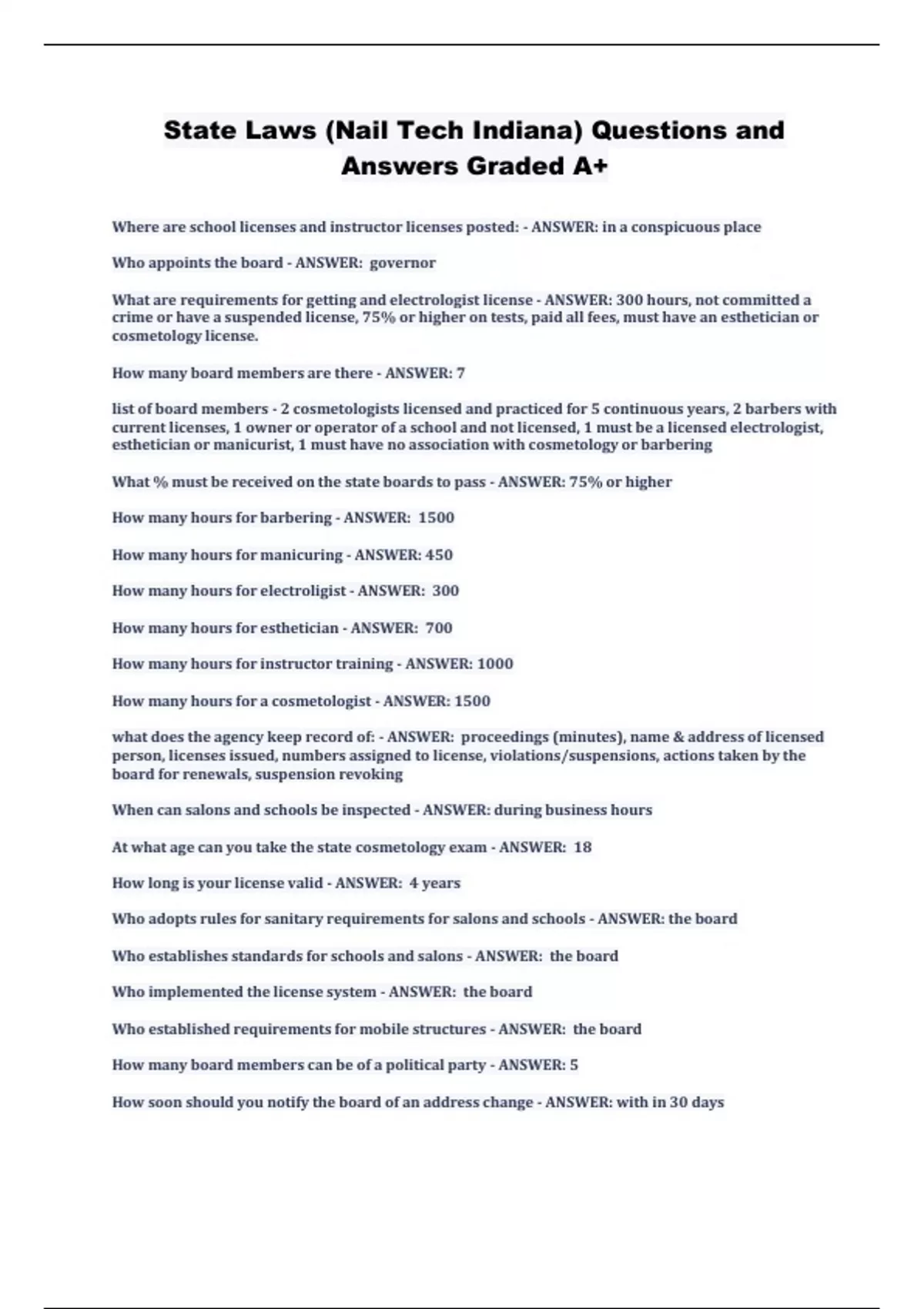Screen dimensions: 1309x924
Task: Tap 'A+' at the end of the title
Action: [x=591, y=166]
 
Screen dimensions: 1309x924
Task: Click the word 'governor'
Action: [x=403, y=263]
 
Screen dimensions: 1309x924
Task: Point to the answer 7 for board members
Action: [x=460, y=373]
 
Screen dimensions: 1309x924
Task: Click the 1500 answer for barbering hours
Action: [x=436, y=517]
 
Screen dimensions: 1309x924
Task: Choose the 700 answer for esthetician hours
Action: [x=439, y=628]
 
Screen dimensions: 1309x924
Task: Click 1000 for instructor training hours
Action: [x=494, y=664]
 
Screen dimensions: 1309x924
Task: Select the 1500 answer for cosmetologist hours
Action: [x=472, y=701]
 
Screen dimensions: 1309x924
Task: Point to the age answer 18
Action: [x=583, y=847]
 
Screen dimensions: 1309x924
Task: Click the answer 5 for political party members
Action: [x=574, y=1065]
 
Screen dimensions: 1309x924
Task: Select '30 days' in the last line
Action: [x=697, y=1102]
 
